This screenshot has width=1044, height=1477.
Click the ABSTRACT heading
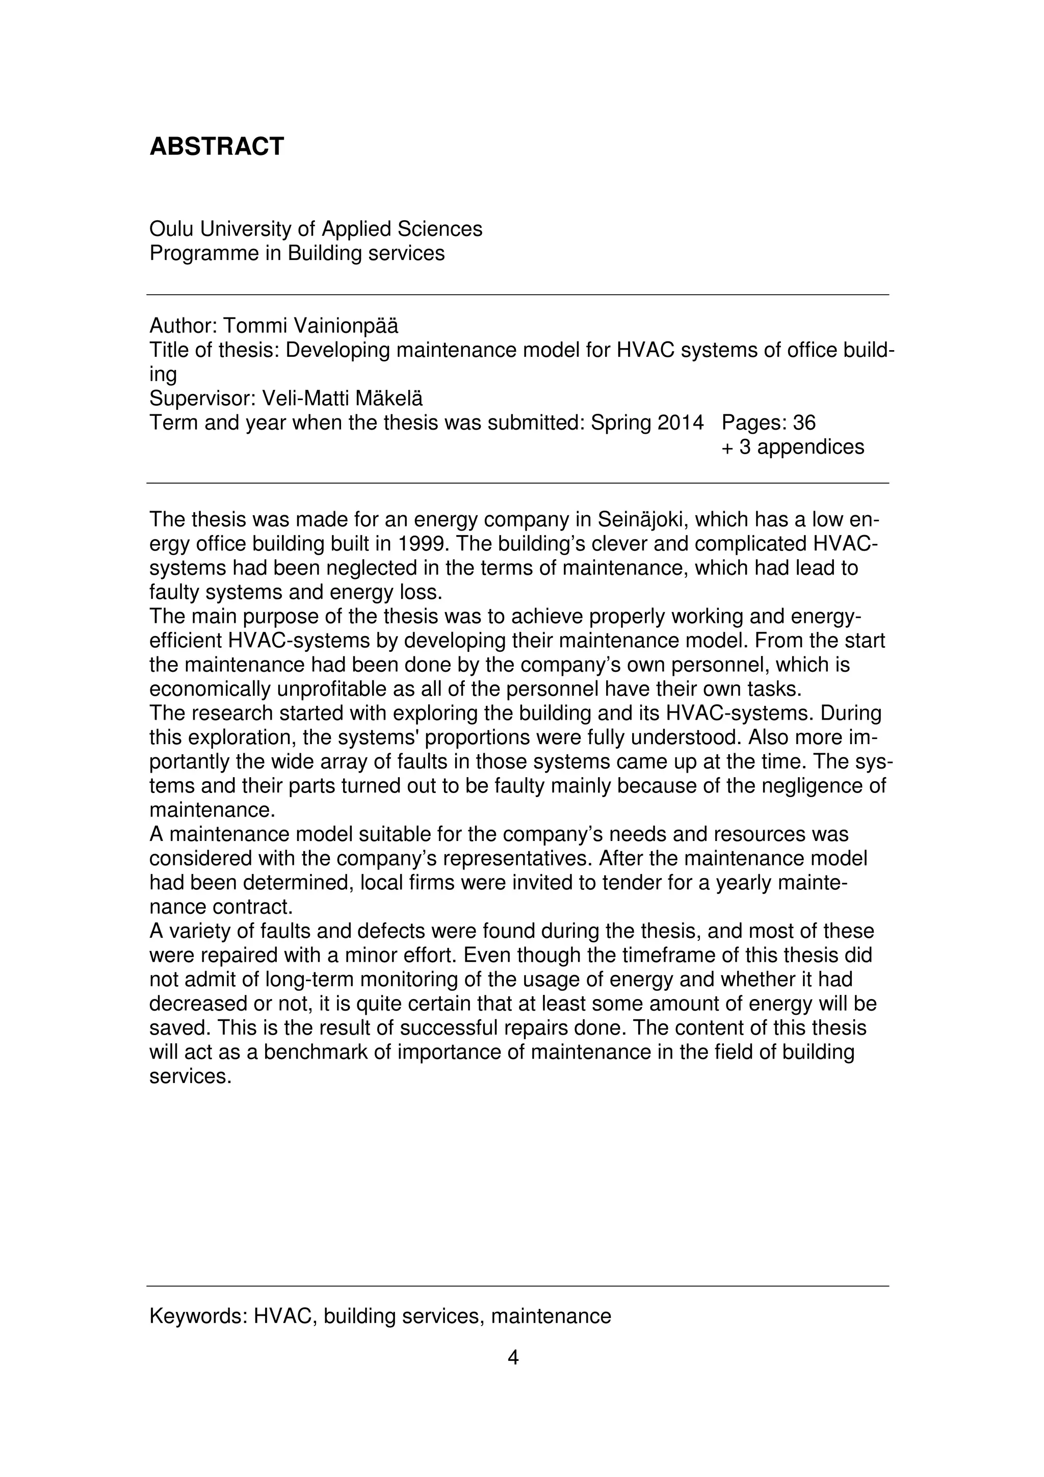(216, 147)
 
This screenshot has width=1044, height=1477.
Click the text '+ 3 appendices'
(793, 447)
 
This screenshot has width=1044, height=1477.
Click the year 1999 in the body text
(421, 544)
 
